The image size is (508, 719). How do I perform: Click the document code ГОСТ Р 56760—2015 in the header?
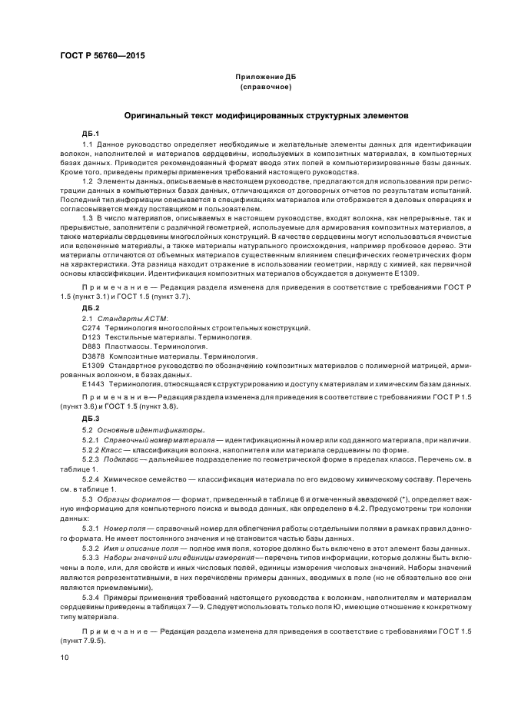101,56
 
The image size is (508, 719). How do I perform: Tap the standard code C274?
91,327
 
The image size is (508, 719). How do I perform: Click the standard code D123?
91,337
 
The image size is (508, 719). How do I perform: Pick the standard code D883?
91,346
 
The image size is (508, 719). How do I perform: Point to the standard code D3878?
94,356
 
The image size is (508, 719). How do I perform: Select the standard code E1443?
94,383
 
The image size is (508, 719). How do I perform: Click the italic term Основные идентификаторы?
139,429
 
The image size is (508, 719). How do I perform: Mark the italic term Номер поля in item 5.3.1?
125,529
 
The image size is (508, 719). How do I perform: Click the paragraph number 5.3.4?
92,596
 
